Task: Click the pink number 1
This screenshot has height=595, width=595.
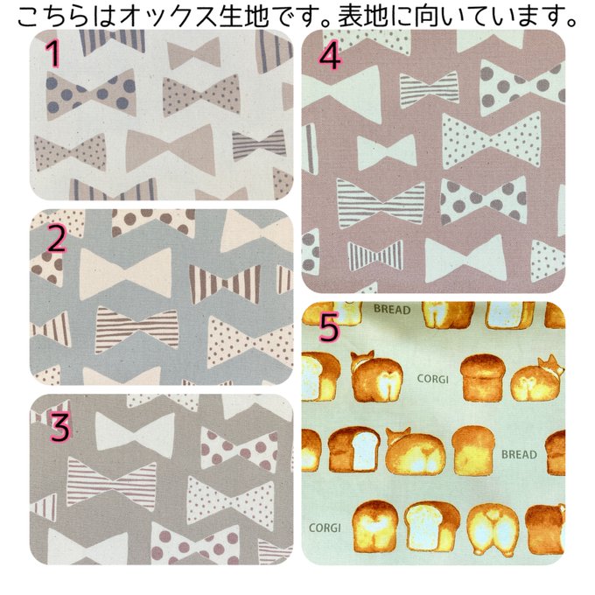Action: (x=53, y=53)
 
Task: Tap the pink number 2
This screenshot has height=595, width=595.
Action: (x=56, y=238)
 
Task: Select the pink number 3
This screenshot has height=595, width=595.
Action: (x=60, y=428)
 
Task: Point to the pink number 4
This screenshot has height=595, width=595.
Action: (x=330, y=57)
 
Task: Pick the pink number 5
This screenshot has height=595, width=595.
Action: (x=329, y=327)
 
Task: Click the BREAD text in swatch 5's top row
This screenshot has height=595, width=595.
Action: (x=392, y=309)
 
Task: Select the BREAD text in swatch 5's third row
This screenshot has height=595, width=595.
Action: (x=519, y=454)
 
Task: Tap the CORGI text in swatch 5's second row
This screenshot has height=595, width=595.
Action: (x=432, y=379)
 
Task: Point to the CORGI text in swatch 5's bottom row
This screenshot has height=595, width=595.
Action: (x=325, y=528)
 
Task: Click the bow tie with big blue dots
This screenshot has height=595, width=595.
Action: (x=91, y=93)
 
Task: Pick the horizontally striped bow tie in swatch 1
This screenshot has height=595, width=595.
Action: (x=259, y=144)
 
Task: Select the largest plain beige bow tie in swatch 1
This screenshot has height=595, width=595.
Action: (x=171, y=149)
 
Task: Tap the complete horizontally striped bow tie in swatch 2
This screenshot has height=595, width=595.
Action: (x=136, y=327)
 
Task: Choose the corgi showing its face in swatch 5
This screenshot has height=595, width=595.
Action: (x=537, y=382)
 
